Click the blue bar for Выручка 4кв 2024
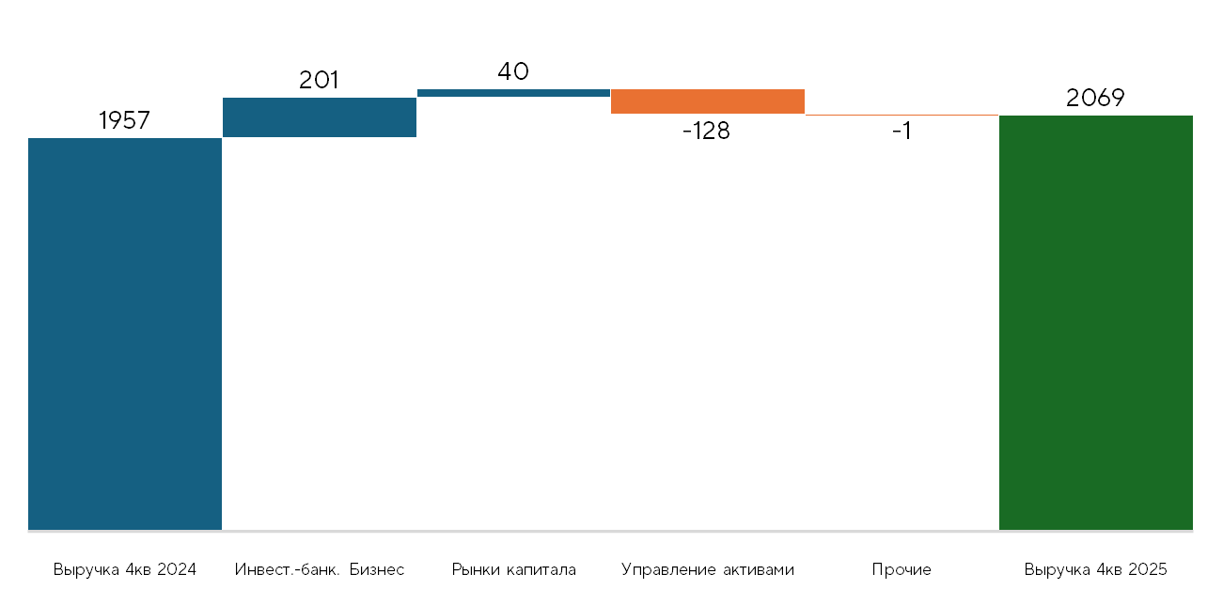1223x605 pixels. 125,334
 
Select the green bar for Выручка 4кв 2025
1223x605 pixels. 1096,322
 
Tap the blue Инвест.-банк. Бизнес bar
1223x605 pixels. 320,117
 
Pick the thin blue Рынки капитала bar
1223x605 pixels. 514,93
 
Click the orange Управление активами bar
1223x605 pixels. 708,101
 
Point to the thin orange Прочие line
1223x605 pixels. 902,116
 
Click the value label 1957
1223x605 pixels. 124,120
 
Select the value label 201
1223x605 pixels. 319,80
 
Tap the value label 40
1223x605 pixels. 513,71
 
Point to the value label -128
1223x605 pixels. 707,131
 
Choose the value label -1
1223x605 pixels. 902,131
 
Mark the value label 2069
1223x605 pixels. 1095,99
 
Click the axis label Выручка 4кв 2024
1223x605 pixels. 125,570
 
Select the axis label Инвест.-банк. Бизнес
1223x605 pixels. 320,570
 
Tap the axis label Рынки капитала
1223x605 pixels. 514,570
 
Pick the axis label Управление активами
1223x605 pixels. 708,570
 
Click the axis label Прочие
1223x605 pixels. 902,570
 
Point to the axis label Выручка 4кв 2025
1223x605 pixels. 1096,570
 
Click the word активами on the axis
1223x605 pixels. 759,570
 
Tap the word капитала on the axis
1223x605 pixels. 541,570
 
